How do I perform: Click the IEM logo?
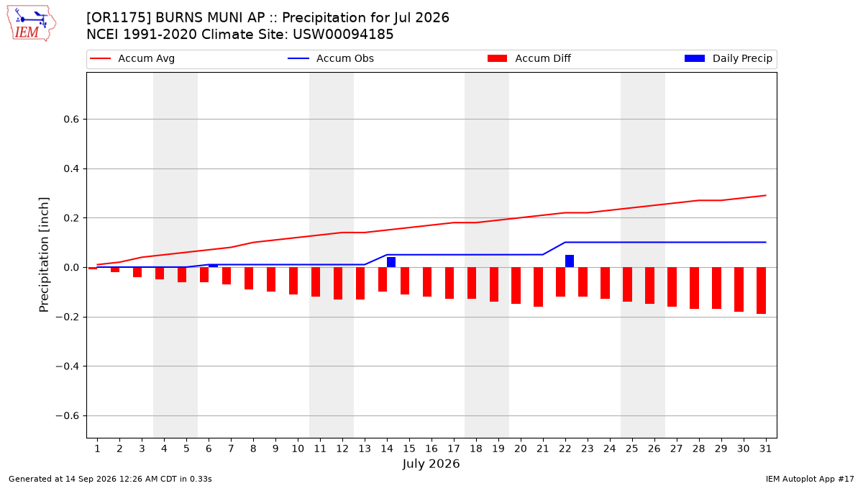pos(32,23)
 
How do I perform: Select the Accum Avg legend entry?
pos(132,58)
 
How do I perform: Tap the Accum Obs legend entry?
pos(331,58)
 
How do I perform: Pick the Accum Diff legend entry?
pos(529,58)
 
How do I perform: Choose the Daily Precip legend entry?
pos(728,58)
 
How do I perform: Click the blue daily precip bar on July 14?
pos(391,262)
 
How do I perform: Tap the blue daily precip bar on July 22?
pos(570,261)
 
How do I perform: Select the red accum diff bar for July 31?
pos(761,290)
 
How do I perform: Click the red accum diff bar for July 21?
pos(538,287)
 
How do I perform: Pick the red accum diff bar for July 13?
pos(360,284)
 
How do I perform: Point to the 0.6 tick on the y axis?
pos(71,120)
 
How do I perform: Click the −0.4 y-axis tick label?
pos(68,366)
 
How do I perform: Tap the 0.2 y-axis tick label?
pos(71,218)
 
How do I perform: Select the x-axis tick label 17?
pos(454,449)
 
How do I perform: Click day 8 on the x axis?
pos(253,449)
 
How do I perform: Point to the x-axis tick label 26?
pos(654,449)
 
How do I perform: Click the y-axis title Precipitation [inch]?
pos(44,255)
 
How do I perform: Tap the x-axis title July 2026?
pos(431,464)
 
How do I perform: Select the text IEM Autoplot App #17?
pos(810,479)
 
